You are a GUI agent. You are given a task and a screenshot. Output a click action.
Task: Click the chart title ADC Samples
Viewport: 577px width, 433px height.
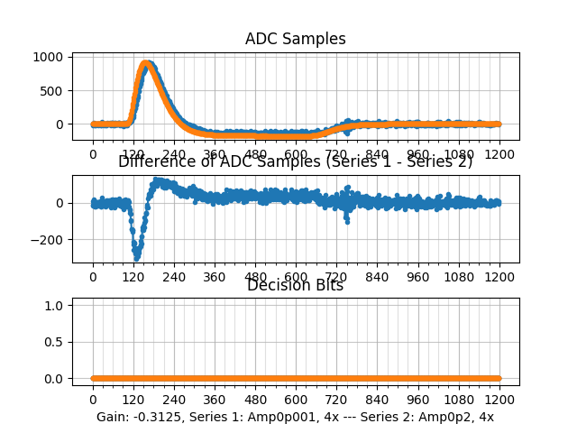(x=295, y=39)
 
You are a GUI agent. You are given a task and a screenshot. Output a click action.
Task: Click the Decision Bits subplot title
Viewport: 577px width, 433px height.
(x=295, y=285)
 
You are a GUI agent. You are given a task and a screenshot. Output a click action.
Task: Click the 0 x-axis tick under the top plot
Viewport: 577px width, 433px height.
(x=93, y=154)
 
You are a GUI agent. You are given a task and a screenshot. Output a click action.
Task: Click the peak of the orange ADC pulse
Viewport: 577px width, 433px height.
(x=146, y=64)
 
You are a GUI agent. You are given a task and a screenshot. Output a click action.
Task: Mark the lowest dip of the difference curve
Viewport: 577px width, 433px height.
(x=137, y=257)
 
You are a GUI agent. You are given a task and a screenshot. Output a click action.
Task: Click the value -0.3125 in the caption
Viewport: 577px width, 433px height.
(x=160, y=417)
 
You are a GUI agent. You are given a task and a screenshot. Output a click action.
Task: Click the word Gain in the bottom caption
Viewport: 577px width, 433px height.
(x=112, y=417)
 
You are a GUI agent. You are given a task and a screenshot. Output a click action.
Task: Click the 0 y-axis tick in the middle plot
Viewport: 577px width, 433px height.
(x=59, y=203)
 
